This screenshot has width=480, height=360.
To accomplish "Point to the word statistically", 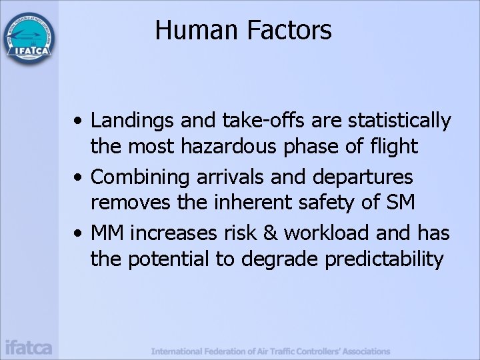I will [395, 121].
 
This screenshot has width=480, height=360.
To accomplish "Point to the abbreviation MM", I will [108, 233].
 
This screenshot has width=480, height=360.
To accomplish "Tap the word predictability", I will [384, 258].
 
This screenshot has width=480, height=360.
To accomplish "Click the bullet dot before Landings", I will [79, 122].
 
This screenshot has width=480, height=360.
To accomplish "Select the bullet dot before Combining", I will [79, 178].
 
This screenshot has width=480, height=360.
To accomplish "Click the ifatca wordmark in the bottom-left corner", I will [29, 347].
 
